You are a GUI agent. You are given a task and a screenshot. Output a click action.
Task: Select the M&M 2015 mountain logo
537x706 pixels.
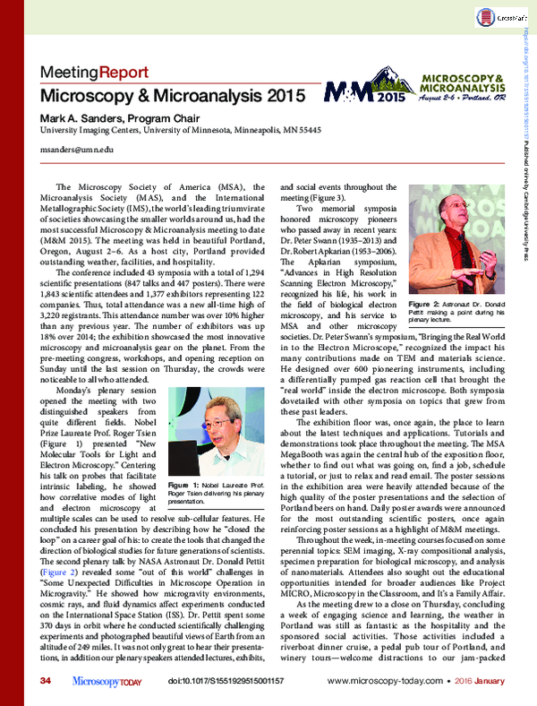[x=348, y=90]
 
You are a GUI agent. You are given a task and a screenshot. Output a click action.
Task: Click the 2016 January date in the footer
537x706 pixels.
[x=484, y=683]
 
